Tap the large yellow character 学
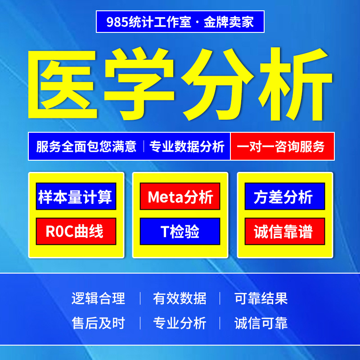pyautogui.click(x=139, y=84)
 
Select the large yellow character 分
pyautogui.click(x=217, y=84)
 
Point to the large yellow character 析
pyautogui.click(x=295, y=84)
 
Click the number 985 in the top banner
pyautogui.click(x=117, y=22)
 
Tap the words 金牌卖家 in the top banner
pyautogui.click(x=229, y=22)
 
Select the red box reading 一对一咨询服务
pyautogui.click(x=283, y=146)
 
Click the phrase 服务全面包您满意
pyautogui.click(x=86, y=147)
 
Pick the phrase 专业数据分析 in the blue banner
pyautogui.click(x=187, y=147)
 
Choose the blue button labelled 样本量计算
pyautogui.click(x=76, y=196)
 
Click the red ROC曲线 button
pyautogui.click(x=76, y=231)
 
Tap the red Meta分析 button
pyautogui.click(x=180, y=196)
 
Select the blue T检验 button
pyautogui.click(x=180, y=231)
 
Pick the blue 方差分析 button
pyautogui.click(x=285, y=196)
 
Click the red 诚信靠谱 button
pyautogui.click(x=285, y=231)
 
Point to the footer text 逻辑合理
pyautogui.click(x=98, y=298)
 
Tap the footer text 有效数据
pyautogui.click(x=180, y=298)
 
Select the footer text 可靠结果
pyautogui.click(x=261, y=298)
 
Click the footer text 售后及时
pyautogui.click(x=98, y=323)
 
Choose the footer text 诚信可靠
pyautogui.click(x=261, y=323)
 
